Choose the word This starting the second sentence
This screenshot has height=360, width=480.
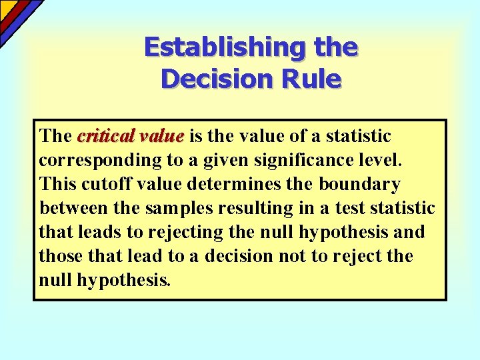click(x=59, y=184)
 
